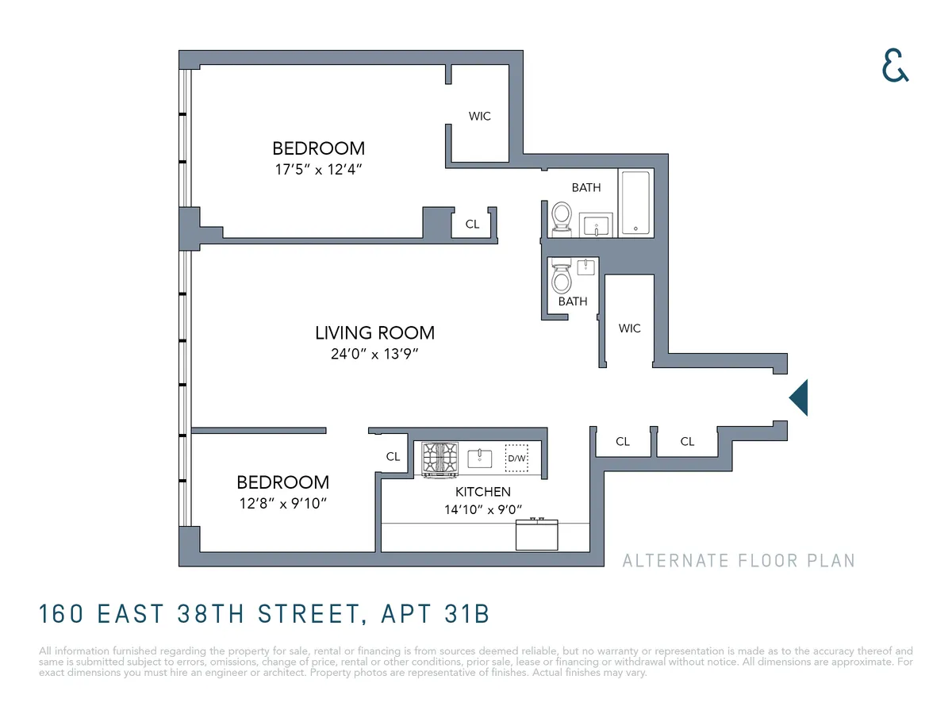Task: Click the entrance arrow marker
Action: coord(799,397)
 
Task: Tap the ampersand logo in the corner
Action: coord(895,66)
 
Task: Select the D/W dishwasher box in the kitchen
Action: coord(516,459)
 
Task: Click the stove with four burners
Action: coord(440,459)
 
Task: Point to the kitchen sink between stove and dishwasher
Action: coord(480,459)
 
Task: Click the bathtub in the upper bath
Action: coord(635,203)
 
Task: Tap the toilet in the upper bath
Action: coord(562,216)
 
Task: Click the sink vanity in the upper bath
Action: coord(597,225)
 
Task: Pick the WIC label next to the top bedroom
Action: coord(479,116)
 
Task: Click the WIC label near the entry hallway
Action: coord(629,328)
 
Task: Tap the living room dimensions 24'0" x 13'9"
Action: coord(374,355)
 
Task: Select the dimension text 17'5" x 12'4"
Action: coord(318,169)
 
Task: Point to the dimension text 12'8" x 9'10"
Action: coord(282,503)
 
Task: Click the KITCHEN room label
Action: coord(482,492)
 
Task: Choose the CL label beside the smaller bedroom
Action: coord(393,456)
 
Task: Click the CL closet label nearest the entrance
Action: coord(687,441)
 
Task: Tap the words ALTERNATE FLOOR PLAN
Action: coord(739,561)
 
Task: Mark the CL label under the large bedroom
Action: coord(472,224)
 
